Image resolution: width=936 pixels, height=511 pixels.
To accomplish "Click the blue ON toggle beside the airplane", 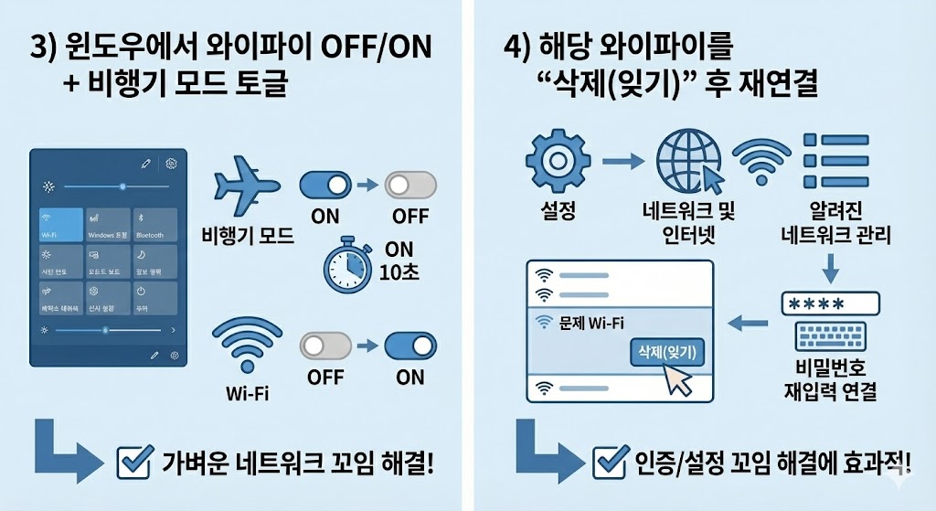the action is pyautogui.click(x=326, y=186).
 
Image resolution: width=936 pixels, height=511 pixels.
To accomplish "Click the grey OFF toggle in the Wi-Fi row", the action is pyautogui.click(x=326, y=346).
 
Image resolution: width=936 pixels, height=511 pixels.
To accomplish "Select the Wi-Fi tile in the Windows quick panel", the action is pyautogui.click(x=58, y=223).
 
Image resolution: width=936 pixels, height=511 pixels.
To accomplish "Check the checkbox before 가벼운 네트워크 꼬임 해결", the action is pyautogui.click(x=135, y=462).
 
